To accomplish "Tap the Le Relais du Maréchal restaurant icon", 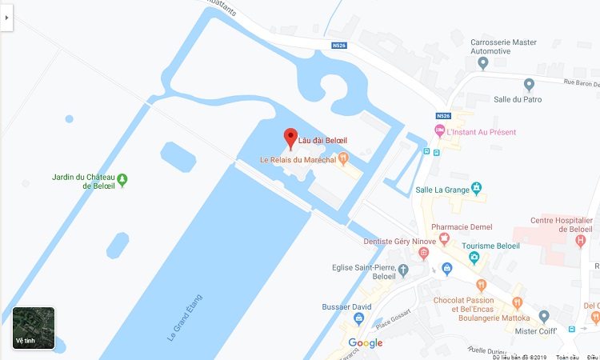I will pos(343,158).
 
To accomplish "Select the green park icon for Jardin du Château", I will pos(122,180).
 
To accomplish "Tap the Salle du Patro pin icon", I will pos(528,84).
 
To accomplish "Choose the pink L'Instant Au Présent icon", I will pos(438,130).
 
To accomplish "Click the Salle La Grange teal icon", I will pos(476,188).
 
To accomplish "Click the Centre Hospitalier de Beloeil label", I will pos(561,225).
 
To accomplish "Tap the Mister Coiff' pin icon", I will pos(544,316).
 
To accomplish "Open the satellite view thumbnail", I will pos(34,327).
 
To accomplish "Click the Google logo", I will pos(365,343).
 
